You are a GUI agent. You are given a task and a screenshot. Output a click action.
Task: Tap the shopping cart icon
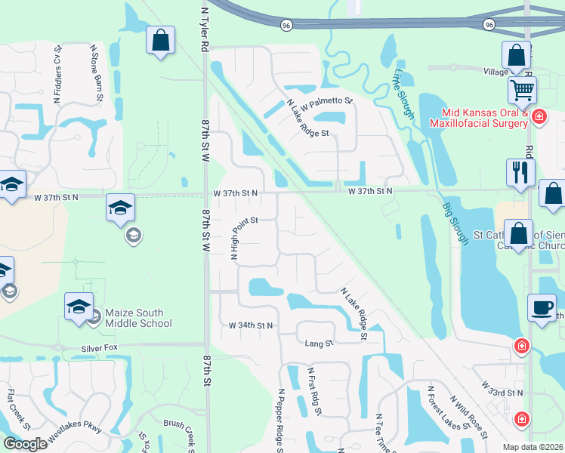(522, 91)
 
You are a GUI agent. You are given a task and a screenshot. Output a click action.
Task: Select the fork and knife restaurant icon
(520, 172)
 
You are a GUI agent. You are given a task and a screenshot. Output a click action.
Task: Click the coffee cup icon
(542, 308)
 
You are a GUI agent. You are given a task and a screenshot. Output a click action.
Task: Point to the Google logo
(25, 444)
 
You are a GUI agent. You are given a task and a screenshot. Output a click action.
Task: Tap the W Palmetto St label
(328, 100)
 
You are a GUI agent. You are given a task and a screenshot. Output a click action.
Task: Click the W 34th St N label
(251, 325)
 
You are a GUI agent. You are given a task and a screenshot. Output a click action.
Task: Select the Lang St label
(319, 344)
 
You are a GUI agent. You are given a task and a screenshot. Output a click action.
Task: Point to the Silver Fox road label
(100, 349)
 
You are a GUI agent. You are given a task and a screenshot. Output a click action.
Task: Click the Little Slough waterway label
(403, 94)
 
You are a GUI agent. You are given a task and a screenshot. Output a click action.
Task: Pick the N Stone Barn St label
(96, 73)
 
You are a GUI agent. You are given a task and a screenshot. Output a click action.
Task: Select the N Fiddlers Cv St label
(57, 74)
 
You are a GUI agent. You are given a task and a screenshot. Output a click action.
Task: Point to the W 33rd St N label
(502, 393)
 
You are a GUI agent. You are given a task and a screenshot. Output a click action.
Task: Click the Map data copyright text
(533, 447)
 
